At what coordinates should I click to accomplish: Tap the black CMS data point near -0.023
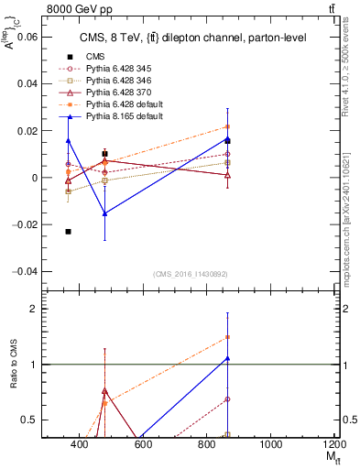pyautogui.click(x=68, y=232)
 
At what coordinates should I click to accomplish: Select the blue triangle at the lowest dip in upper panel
pyautogui.click(x=105, y=213)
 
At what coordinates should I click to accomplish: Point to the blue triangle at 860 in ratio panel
pyautogui.click(x=227, y=358)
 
